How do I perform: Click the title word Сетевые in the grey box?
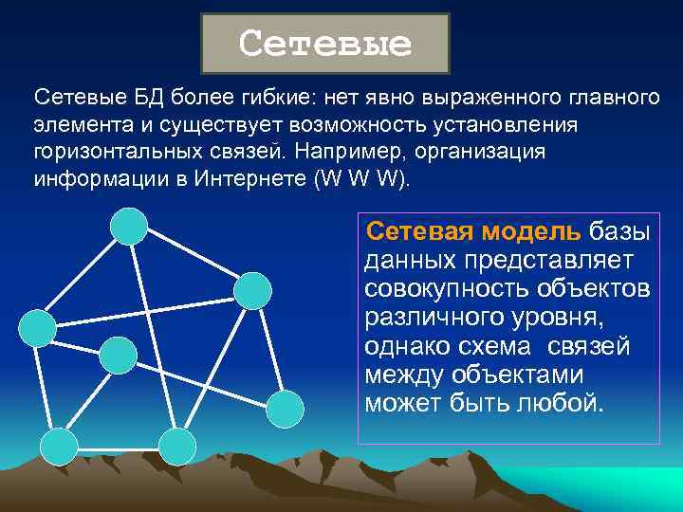coord(325,44)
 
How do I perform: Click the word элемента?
coord(74,126)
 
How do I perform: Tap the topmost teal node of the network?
coord(129,226)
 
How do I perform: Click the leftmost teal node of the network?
coord(38,327)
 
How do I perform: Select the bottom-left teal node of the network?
coord(60,446)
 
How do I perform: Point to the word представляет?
coord(554,260)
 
